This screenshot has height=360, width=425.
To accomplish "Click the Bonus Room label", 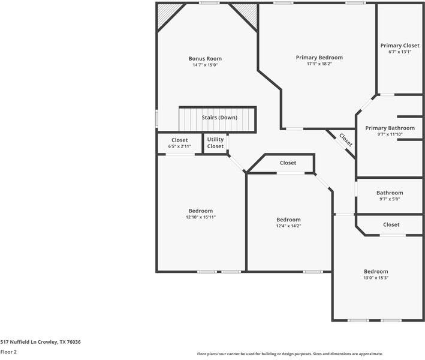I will pos(205,59).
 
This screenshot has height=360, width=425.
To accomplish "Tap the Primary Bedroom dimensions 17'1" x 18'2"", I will pos(319,64).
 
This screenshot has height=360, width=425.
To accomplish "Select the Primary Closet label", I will pos(400,46).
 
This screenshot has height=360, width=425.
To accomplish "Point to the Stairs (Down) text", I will pos(219,118).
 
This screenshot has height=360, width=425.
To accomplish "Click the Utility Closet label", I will pos(215,143).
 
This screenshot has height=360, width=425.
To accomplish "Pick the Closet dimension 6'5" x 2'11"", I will pos(179,146).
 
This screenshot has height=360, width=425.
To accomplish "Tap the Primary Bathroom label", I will pos(390,128).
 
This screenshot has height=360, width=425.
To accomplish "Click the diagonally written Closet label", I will pos(346,140).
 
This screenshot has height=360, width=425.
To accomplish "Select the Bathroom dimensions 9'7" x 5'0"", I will pos(390,199).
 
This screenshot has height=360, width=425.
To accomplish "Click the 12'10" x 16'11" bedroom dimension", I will pos(200,217).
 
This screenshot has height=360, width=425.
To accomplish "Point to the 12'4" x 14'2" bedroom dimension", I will pos(288,226).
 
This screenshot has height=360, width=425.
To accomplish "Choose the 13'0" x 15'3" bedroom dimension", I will pos(376,278).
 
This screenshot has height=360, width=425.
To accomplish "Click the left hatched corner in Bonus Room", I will pos(167,14).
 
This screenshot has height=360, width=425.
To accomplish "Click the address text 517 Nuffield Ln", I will pos(40,342).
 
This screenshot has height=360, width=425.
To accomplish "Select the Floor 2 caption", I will pos(8,352).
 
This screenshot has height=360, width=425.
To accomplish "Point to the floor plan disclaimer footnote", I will pos(290,354).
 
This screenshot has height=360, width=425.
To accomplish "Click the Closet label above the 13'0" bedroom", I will pos(391,224).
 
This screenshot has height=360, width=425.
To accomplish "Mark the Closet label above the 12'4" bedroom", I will pos(288,163).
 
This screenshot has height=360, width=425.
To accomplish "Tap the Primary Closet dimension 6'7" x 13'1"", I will pos(400,52).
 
